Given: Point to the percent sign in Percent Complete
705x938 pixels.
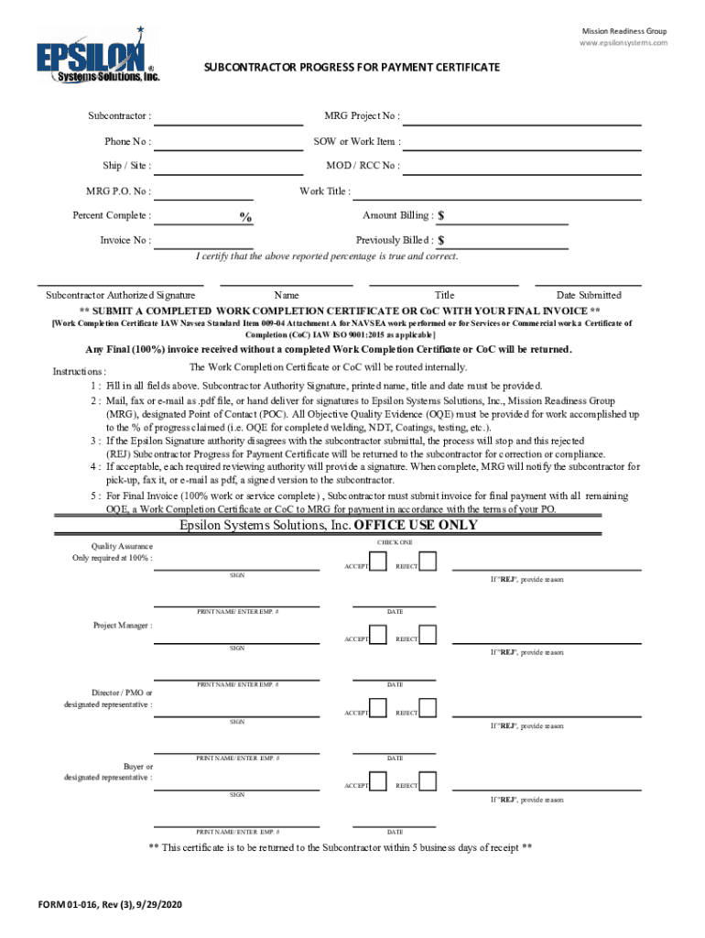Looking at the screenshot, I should click(246, 217).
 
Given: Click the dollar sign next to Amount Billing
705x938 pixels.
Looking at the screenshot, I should click(441, 216).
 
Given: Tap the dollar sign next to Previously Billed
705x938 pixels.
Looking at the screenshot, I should click(441, 241).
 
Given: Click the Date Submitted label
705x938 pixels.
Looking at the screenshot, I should click(589, 295).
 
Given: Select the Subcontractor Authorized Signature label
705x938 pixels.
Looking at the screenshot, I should click(120, 295).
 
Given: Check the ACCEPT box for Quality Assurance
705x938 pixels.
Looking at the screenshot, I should click(377, 561).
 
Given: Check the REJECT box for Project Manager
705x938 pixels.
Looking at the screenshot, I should click(428, 634).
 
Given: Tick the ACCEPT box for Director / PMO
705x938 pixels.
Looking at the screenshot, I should click(377, 707).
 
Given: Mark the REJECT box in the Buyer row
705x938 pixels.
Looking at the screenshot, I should click(428, 780).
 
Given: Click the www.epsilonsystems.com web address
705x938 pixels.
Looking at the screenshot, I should click(623, 43).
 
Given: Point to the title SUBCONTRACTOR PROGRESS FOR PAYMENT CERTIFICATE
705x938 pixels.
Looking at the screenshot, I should click(352, 68).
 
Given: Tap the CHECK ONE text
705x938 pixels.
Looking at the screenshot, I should click(395, 543).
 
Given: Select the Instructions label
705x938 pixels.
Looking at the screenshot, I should click(79, 372).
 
